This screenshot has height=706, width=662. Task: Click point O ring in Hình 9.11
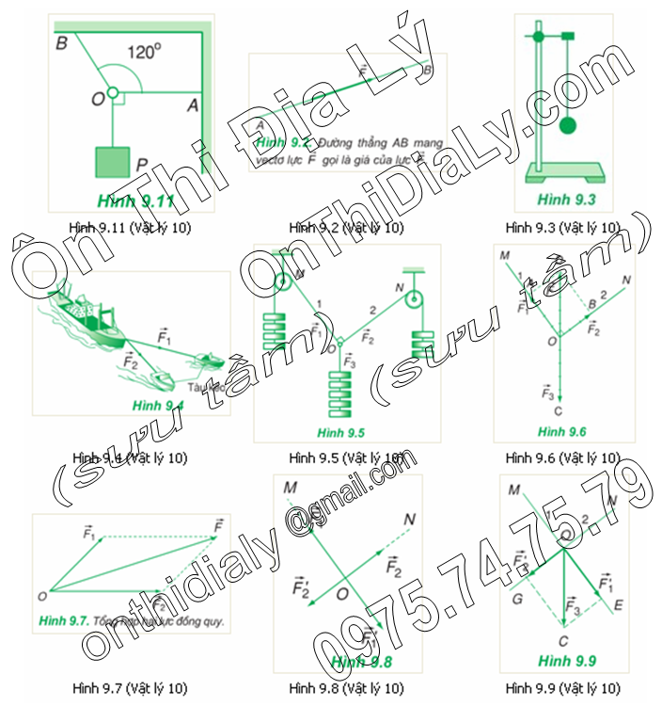112,92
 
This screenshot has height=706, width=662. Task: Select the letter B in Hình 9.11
61,42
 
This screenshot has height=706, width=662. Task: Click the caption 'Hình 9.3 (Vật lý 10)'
562,227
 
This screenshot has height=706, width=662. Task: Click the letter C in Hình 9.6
558,410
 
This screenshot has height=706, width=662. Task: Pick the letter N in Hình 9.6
625,280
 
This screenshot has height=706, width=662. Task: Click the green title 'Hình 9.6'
562,432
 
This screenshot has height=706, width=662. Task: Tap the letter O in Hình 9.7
42,596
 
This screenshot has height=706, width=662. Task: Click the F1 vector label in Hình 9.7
89,534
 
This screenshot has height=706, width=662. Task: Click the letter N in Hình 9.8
409,519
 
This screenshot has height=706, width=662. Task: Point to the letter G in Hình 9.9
517,596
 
